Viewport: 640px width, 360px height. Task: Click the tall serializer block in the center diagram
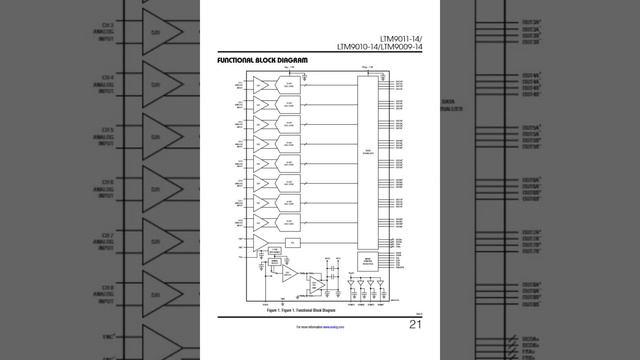(x=367, y=160)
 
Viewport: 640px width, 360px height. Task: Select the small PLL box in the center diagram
(x=292, y=242)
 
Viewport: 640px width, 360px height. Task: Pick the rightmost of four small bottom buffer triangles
(x=384, y=284)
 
